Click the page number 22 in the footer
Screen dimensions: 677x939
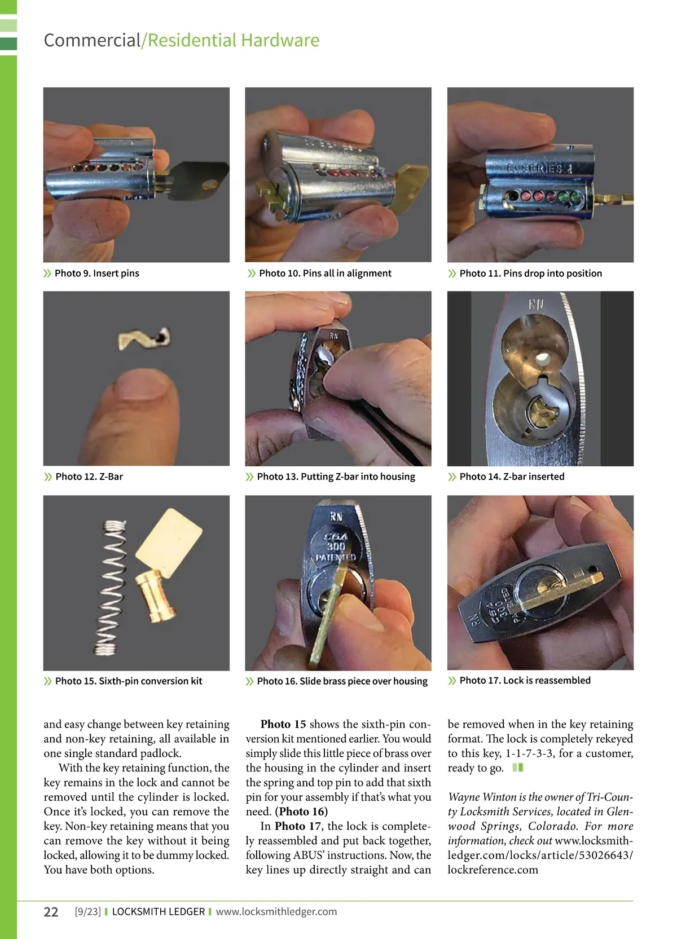click(x=51, y=911)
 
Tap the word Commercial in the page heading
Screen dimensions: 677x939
click(x=92, y=40)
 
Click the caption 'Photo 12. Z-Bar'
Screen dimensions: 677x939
click(x=89, y=477)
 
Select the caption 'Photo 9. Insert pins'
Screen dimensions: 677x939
click(x=97, y=274)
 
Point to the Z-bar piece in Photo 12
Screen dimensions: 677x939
click(x=144, y=339)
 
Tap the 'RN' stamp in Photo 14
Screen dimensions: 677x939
click(x=537, y=305)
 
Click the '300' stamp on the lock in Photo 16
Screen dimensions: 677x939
click(x=336, y=546)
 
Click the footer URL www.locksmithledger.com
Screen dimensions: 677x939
click(x=276, y=911)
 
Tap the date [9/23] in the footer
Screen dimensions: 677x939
click(x=87, y=911)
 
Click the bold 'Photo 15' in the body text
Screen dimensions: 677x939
click(x=283, y=724)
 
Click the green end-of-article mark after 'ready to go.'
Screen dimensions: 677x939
click(x=517, y=768)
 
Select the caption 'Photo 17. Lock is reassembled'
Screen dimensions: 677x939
click(x=525, y=680)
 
